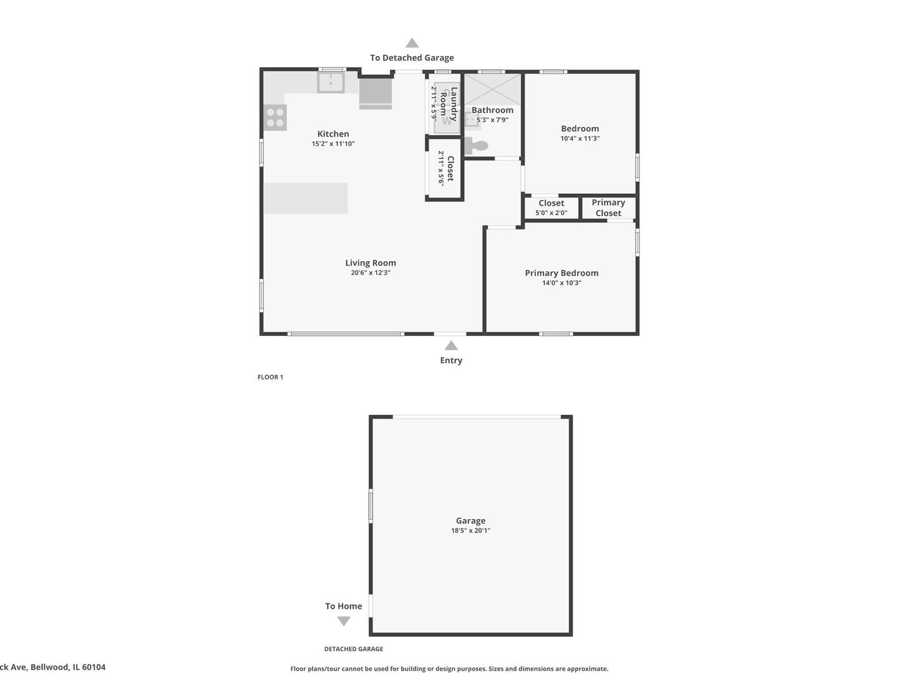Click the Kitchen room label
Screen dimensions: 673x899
coord(333,134)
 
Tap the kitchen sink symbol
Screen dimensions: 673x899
coord(331,82)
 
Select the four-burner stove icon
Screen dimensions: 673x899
coord(275,117)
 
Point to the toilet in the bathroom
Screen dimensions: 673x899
coord(477,146)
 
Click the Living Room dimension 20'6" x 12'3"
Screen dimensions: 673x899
coord(371,273)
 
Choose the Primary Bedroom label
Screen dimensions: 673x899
coord(561,273)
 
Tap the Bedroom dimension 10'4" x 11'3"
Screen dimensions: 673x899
coord(580,139)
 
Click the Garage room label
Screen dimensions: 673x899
coord(470,521)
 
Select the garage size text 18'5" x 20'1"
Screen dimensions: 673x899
coord(470,531)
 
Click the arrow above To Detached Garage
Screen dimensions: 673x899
coord(412,43)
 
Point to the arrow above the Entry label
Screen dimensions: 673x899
coord(451,346)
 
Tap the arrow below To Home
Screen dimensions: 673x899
coord(344,621)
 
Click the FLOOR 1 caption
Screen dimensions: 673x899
coord(270,377)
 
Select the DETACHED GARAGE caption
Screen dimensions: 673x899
coord(353,649)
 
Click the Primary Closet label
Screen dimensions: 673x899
coord(608,208)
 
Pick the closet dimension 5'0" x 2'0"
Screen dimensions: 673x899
coord(552,213)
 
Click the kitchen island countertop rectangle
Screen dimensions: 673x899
coord(306,198)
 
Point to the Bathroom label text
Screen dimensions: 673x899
coord(492,110)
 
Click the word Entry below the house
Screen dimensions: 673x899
coord(451,360)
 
